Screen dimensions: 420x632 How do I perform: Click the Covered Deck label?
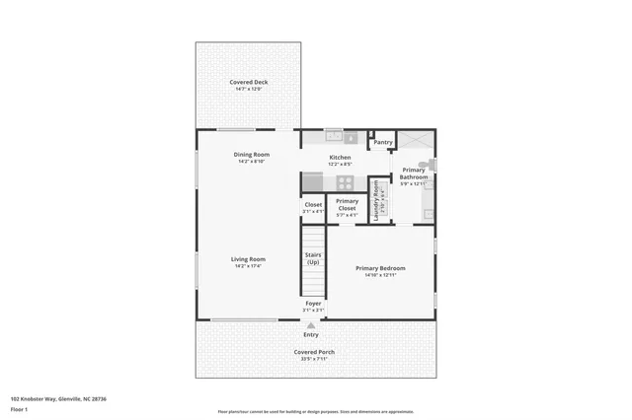point(249,83)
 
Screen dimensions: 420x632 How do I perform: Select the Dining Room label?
point(251,155)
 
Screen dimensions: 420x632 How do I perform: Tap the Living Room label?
point(249,260)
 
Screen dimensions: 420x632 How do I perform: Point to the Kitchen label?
point(340,158)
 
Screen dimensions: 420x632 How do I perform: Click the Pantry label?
point(383,142)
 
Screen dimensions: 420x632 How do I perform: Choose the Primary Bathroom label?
point(413,174)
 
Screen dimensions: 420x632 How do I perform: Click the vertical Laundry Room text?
point(376,200)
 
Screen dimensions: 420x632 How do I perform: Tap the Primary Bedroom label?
point(380,268)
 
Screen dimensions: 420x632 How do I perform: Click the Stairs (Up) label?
point(313,258)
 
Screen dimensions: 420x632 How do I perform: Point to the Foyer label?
point(313,304)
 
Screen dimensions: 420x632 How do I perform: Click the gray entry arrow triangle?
point(312,324)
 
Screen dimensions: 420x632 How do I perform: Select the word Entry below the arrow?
point(311,334)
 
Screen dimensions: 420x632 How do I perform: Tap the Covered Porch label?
point(314,353)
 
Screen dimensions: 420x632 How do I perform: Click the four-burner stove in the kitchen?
point(345,182)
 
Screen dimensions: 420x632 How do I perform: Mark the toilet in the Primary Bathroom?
point(425,165)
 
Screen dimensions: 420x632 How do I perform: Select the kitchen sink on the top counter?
point(335,136)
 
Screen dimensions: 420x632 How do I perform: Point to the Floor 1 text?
point(19,408)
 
